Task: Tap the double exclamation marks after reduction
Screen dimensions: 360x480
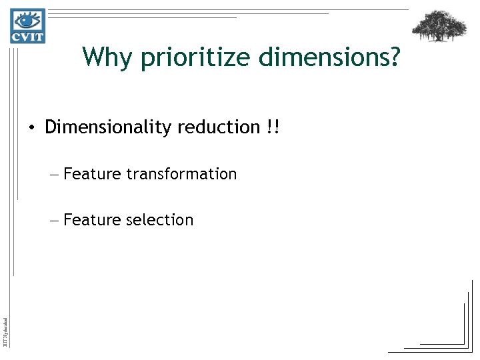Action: [273, 127]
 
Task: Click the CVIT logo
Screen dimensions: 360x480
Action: [27, 26]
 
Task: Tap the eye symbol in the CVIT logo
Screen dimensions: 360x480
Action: [27, 19]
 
